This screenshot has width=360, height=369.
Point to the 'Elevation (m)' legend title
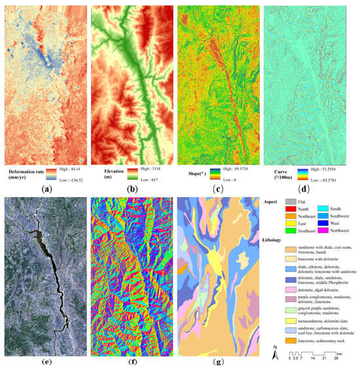(x=115, y=173)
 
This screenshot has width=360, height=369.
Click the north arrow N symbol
(x=277, y=349)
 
